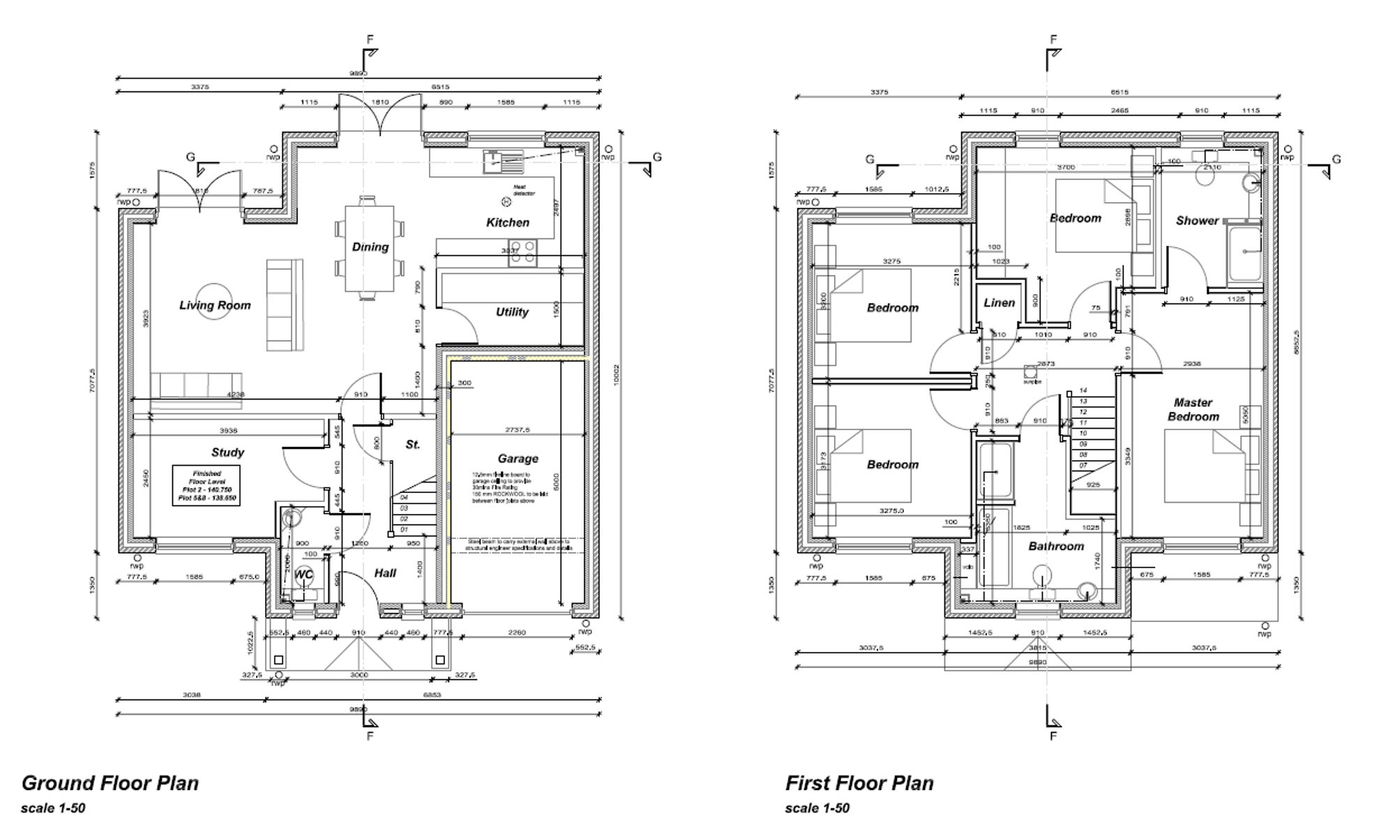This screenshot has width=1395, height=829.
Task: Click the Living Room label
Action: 214,305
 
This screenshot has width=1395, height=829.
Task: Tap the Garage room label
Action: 518,458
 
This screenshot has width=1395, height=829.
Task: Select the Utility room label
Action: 512,312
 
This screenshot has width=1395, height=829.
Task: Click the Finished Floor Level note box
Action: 206,485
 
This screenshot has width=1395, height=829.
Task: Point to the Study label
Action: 227,452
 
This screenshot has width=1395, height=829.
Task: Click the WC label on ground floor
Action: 304,575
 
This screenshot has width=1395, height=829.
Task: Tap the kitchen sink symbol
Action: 502,162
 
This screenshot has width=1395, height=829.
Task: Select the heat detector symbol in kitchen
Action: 506,201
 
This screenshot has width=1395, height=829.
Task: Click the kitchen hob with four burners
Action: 523,253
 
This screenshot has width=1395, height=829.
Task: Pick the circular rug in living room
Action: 214,301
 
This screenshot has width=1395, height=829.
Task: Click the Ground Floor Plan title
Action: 110,783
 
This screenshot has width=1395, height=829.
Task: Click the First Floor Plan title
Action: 859,783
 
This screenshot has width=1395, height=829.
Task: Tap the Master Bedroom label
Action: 1193,409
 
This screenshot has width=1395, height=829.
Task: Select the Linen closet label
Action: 999,303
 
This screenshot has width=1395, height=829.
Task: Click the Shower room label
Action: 1197,220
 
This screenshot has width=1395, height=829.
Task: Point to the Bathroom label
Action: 1056,546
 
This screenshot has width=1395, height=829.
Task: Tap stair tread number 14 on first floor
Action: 1083,390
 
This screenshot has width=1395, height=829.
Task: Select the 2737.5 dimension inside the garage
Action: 518,430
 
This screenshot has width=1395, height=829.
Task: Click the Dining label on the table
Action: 370,247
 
